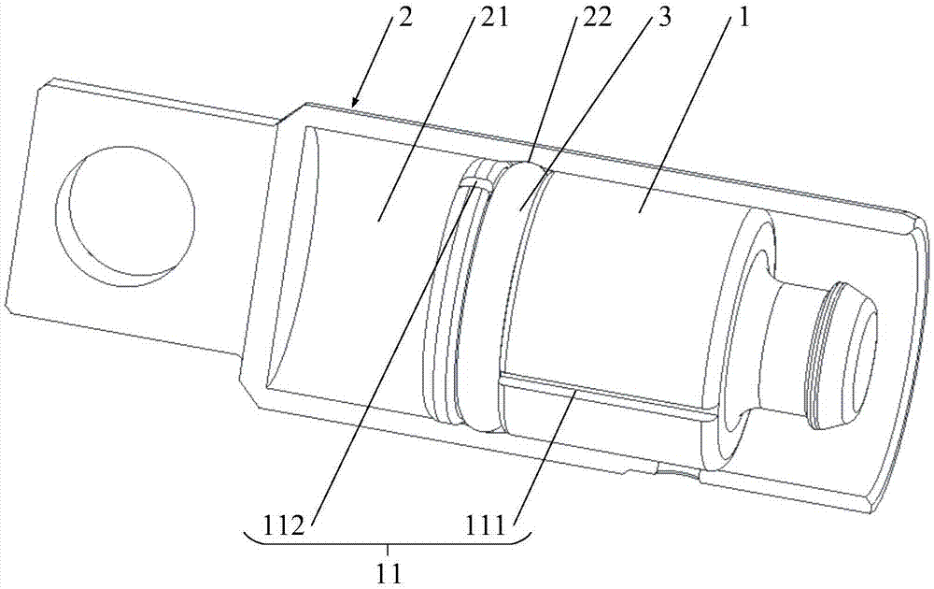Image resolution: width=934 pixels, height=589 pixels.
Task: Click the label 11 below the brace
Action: tap(389, 573)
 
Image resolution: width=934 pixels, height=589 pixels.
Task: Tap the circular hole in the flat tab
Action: tap(127, 210)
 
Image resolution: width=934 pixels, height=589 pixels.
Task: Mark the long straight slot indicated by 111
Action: tap(608, 394)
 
